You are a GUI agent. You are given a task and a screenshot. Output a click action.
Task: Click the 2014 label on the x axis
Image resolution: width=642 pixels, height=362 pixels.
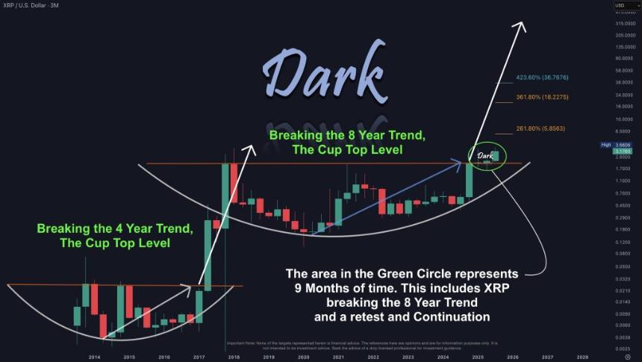point(94,358)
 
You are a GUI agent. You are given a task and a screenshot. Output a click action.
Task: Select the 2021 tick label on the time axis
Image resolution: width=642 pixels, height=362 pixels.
point(338,358)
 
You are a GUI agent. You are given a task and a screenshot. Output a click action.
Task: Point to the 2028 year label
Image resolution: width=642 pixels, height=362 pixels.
point(582,358)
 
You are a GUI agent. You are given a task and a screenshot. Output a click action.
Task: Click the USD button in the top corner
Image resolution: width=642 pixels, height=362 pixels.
point(624,5)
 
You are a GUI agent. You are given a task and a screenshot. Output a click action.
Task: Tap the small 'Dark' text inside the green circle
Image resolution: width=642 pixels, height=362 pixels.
point(484,155)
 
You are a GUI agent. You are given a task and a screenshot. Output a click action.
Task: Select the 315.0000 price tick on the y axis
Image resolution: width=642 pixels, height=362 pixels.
point(626,25)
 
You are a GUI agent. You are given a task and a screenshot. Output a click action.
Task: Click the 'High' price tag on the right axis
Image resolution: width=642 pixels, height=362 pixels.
point(606,144)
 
